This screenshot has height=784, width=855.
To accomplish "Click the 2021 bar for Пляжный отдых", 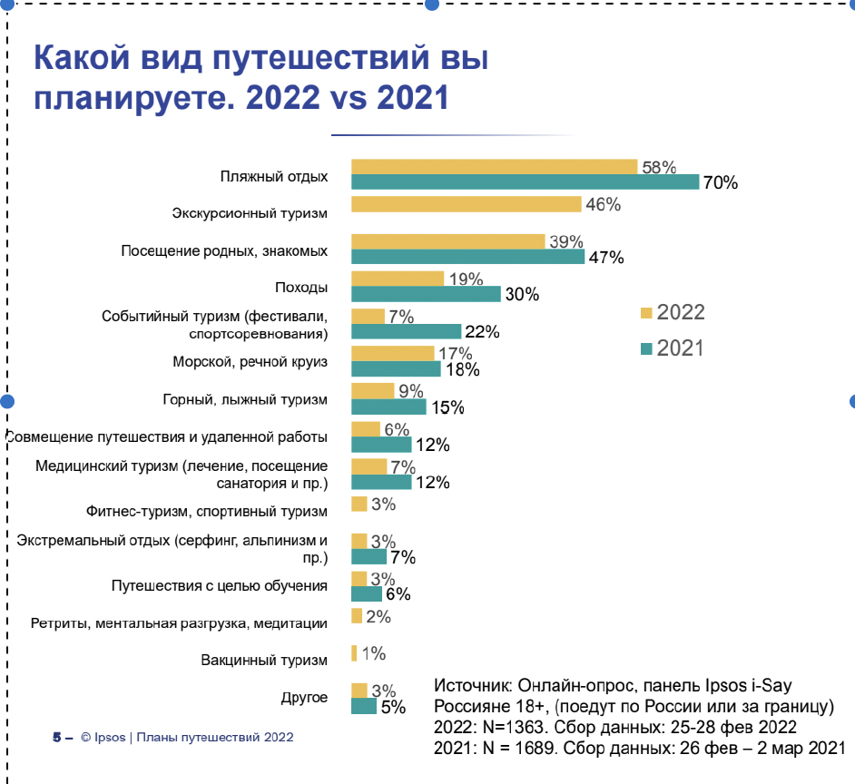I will coord(525,181).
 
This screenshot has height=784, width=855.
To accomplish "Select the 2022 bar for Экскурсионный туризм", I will coord(466,204).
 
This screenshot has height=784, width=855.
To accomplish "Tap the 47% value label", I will coord(606,257).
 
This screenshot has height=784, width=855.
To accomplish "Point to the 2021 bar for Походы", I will coord(426,294).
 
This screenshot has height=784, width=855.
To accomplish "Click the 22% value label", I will coord(482,331).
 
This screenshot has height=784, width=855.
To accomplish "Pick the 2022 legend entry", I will coord(672,313).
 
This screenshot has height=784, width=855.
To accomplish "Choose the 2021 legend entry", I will coord(672,348).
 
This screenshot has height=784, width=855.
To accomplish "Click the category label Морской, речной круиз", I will coord(250,362).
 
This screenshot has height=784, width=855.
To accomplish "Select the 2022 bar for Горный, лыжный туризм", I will coord(372,391).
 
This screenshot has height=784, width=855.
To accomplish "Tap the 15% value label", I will coord(446,407).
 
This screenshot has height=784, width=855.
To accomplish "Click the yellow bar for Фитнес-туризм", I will coord(359,504).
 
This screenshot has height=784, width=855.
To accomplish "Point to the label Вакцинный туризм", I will coord(264,660).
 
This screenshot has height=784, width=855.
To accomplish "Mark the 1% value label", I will coord(374,653).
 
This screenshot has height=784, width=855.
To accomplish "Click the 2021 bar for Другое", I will coord(363,706).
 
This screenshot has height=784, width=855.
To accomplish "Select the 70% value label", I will coord(720,182).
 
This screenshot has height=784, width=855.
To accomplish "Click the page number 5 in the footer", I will coord(56,737).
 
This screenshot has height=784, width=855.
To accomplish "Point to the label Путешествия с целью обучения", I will coord(219,585).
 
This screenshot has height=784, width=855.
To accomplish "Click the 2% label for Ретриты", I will coord(378,617).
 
